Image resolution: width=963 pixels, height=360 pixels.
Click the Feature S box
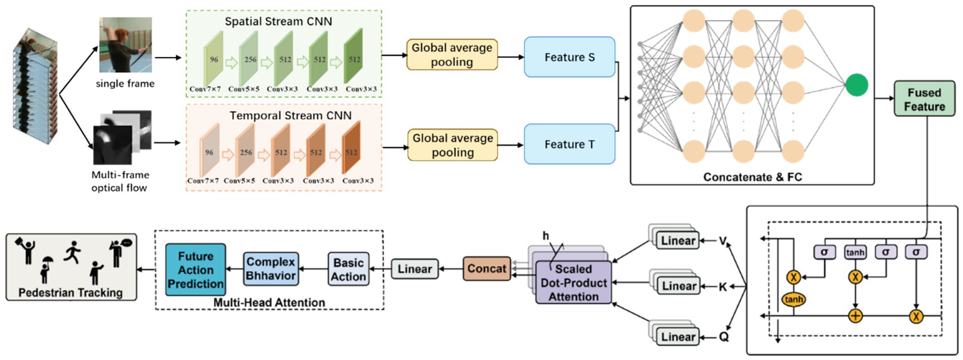click(x=569, y=57)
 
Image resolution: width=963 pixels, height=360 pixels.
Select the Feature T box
click(x=569, y=144)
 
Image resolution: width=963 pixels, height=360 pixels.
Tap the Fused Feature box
click(x=924, y=99)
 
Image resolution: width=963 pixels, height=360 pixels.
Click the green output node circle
click(x=857, y=85)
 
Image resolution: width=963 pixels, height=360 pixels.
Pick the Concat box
click(x=486, y=269)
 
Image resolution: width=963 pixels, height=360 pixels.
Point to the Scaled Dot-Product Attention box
click(x=573, y=283)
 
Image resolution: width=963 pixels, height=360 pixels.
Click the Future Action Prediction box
click(x=196, y=270)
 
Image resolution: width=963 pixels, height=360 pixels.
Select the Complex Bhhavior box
click(x=271, y=269)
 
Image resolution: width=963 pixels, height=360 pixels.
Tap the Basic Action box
click(x=348, y=269)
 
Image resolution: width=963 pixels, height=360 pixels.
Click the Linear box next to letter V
click(x=678, y=241)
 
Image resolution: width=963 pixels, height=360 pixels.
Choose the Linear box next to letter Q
click(x=678, y=337)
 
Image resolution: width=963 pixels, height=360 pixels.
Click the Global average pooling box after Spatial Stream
click(x=452, y=55)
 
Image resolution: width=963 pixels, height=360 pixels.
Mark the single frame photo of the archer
click(x=125, y=45)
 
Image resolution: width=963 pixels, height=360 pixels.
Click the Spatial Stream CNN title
click(x=278, y=22)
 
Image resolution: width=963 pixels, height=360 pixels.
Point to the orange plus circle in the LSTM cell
click(x=855, y=316)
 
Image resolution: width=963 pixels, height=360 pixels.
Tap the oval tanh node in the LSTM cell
click(x=793, y=300)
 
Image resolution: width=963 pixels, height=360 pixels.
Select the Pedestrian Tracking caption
click(x=70, y=293)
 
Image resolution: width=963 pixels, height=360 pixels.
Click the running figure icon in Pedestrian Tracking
click(x=72, y=252)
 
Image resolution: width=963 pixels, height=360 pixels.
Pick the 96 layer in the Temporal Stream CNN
click(x=209, y=152)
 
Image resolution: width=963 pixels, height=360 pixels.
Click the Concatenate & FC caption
click(x=752, y=177)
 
